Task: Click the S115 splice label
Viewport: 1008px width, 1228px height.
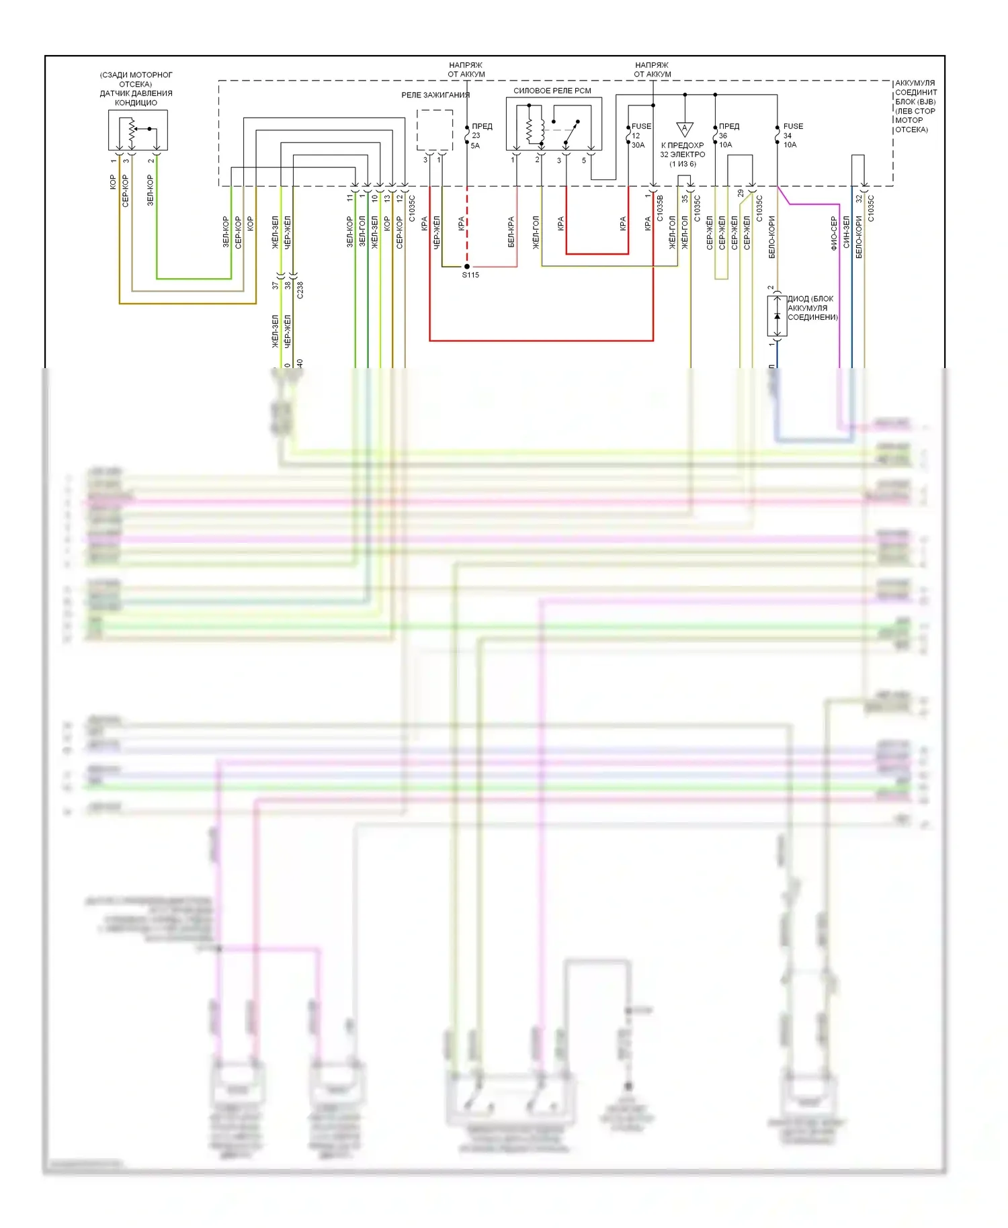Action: [x=470, y=275]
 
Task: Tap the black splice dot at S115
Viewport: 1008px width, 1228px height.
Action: [x=467, y=267]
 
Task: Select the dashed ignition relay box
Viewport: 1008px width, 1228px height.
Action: [x=434, y=130]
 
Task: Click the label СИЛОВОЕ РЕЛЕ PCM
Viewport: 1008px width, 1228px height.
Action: [x=552, y=91]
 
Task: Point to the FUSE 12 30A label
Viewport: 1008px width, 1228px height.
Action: [x=640, y=135]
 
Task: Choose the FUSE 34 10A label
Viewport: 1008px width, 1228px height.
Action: [x=792, y=135]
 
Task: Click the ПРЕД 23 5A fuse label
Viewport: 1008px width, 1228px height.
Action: [x=480, y=136]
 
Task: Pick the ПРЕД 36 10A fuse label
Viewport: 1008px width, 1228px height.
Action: [x=728, y=135]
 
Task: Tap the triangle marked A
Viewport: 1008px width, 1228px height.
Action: [x=685, y=128]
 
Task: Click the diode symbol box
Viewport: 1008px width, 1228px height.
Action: [x=778, y=316]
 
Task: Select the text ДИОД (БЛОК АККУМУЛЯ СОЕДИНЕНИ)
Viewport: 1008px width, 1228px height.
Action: [x=812, y=308]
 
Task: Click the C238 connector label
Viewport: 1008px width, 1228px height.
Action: [x=300, y=290]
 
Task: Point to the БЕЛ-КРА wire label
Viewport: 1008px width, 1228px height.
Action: [x=511, y=232]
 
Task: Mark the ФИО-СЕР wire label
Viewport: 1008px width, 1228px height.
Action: [x=834, y=233]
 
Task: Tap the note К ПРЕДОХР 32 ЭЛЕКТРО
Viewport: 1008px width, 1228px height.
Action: [x=683, y=154]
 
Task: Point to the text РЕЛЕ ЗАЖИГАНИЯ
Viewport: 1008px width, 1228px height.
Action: [x=435, y=95]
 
